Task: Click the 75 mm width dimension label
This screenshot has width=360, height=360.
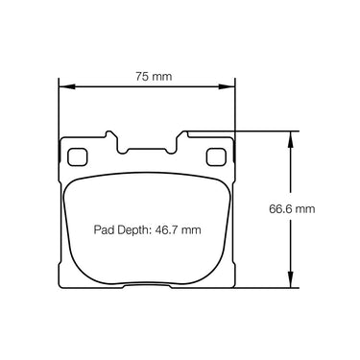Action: click(x=154, y=77)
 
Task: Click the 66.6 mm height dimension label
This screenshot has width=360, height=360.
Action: click(x=292, y=209)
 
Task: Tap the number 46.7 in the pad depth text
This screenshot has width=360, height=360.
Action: click(x=166, y=229)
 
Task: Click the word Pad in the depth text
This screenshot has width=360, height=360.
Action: click(x=105, y=229)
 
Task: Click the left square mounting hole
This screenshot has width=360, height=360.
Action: click(x=77, y=156)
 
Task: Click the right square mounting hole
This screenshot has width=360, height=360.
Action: click(x=216, y=156)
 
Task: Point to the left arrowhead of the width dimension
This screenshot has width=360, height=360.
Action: click(x=66, y=86)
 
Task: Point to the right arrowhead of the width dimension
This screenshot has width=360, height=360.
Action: click(x=227, y=86)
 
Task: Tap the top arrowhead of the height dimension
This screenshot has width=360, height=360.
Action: click(x=290, y=139)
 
